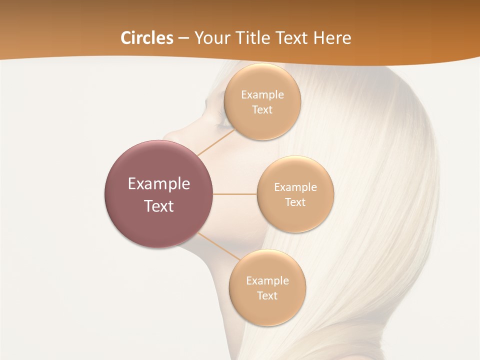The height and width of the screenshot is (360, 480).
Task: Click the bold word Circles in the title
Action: (x=147, y=38)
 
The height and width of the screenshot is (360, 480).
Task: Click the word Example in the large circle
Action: (x=159, y=184)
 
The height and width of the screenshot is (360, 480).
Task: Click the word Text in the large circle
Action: (x=159, y=206)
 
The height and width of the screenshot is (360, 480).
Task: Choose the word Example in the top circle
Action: (x=262, y=94)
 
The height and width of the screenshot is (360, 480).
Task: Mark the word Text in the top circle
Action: (x=262, y=109)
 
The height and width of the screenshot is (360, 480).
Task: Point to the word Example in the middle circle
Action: (x=295, y=187)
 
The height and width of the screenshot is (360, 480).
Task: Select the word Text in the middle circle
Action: (x=295, y=202)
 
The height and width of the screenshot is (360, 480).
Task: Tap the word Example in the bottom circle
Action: (x=267, y=280)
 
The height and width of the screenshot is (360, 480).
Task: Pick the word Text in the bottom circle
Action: (x=267, y=295)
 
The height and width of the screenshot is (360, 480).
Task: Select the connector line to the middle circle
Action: (x=235, y=194)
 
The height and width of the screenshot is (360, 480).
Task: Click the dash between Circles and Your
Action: (x=183, y=38)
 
